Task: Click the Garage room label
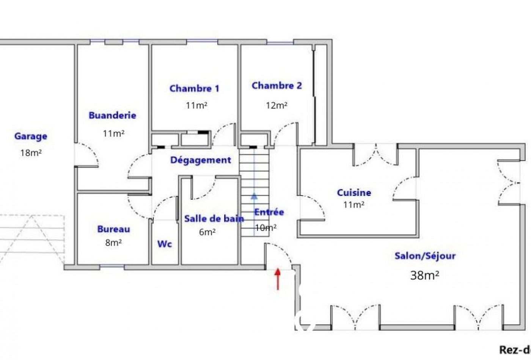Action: tap(31, 136)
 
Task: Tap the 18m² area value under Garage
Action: tap(31, 153)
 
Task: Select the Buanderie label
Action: tap(112, 116)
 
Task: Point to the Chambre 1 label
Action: tap(194, 89)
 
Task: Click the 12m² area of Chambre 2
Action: tap(276, 105)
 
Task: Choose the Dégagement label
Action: tap(201, 160)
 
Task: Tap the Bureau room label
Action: tap(114, 229)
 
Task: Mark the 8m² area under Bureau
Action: tap(113, 243)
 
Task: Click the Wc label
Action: tap(165, 244)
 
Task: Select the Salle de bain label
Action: tap(214, 219)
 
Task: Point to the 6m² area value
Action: tap(207, 232)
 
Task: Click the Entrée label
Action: tap(269, 212)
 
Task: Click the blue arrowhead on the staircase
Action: tap(254, 196)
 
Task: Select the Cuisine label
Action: tap(354, 193)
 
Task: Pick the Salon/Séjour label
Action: tap(425, 256)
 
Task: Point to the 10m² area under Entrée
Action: tap(265, 228)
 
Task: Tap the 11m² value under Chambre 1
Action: tap(196, 105)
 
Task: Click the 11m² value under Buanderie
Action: tap(114, 133)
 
